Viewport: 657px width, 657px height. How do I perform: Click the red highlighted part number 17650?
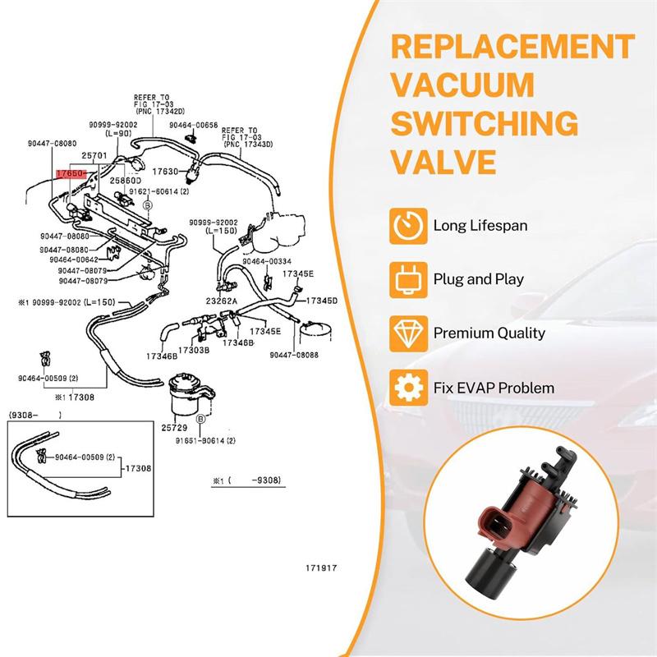click(70, 174)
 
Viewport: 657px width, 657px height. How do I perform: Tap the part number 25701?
click(94, 155)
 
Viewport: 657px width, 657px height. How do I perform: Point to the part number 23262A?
click(222, 302)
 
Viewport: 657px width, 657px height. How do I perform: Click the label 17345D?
click(322, 301)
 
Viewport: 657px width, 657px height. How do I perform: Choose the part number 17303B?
click(195, 351)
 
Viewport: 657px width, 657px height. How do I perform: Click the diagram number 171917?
click(322, 567)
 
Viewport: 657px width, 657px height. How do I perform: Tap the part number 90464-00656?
click(194, 125)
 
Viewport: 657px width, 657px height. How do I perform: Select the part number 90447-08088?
click(294, 355)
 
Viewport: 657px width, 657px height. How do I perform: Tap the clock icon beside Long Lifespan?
click(409, 224)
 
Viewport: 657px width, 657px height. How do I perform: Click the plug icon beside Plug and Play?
click(409, 278)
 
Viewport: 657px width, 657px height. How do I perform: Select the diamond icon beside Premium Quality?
click(409, 333)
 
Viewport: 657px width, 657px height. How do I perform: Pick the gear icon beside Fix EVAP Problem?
click(409, 387)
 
